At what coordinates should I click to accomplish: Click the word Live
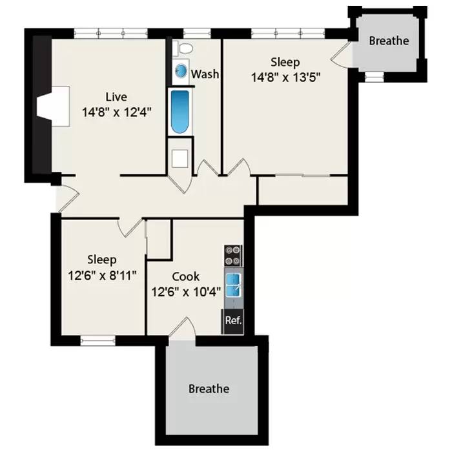coord(116,97)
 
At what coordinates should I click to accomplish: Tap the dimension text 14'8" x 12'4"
coord(116,112)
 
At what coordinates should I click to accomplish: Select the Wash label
coord(205,74)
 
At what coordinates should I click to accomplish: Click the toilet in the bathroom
coord(183,48)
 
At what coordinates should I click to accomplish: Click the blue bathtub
coord(180,111)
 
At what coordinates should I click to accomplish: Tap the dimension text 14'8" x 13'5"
coord(285,77)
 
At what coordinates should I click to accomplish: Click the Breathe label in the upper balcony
coord(389,41)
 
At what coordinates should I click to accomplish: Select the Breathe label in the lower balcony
coord(209,389)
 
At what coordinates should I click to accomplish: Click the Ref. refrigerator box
coord(232,320)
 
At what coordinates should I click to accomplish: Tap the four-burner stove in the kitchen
coord(233,256)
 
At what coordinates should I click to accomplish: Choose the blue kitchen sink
coord(233,285)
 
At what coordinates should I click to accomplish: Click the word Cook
coord(185,276)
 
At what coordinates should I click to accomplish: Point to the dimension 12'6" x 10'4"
coord(185,291)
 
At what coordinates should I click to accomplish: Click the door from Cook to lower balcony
coord(181,327)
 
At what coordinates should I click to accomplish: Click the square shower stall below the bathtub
coord(180,158)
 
